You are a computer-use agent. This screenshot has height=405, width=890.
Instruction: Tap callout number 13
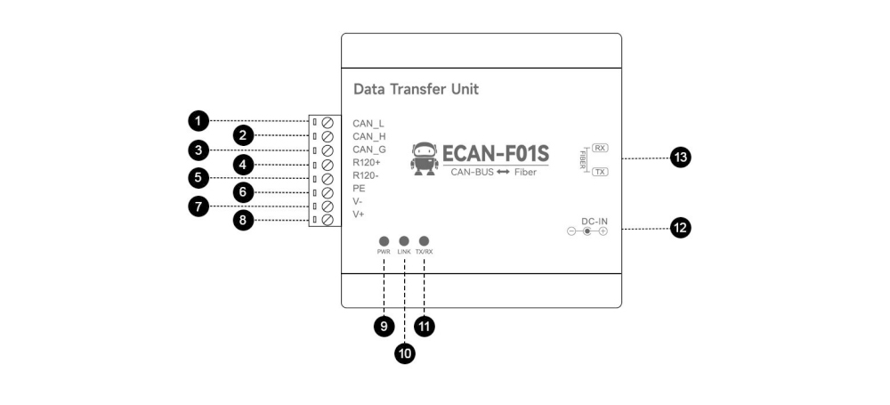tap(681, 158)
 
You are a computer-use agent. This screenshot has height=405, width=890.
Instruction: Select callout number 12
tap(681, 229)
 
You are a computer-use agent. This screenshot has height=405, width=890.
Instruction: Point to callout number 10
tap(404, 353)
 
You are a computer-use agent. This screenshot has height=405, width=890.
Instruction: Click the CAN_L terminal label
tap(368, 123)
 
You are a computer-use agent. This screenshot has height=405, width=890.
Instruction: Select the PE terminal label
tap(359, 189)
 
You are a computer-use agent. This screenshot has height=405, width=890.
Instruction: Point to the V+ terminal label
tap(359, 215)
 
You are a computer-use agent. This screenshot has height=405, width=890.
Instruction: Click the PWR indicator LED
tap(384, 241)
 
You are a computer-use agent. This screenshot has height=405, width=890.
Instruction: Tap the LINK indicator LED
tap(404, 241)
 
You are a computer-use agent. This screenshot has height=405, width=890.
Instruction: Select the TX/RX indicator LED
tap(425, 241)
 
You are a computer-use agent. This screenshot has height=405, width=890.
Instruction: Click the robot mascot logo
tap(425, 158)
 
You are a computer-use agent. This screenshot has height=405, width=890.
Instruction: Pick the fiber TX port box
tap(600, 172)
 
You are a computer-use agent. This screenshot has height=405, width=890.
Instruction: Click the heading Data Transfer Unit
tap(416, 90)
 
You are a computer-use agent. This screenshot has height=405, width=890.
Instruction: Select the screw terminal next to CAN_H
tap(328, 136)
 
